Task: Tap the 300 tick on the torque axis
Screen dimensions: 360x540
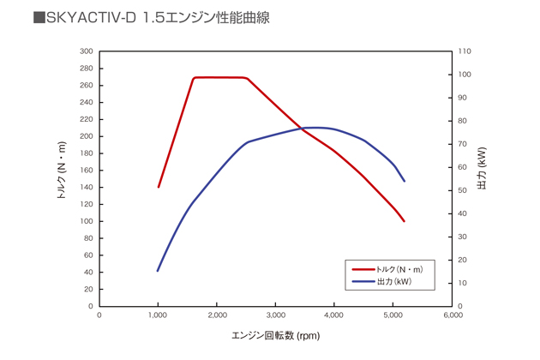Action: [x=86, y=51]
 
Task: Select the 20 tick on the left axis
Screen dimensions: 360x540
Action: [x=88, y=289]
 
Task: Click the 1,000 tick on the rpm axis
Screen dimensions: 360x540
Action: [x=159, y=315]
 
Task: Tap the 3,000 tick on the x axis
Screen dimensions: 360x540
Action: [x=276, y=315]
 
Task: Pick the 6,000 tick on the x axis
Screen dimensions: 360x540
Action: [x=453, y=315]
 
